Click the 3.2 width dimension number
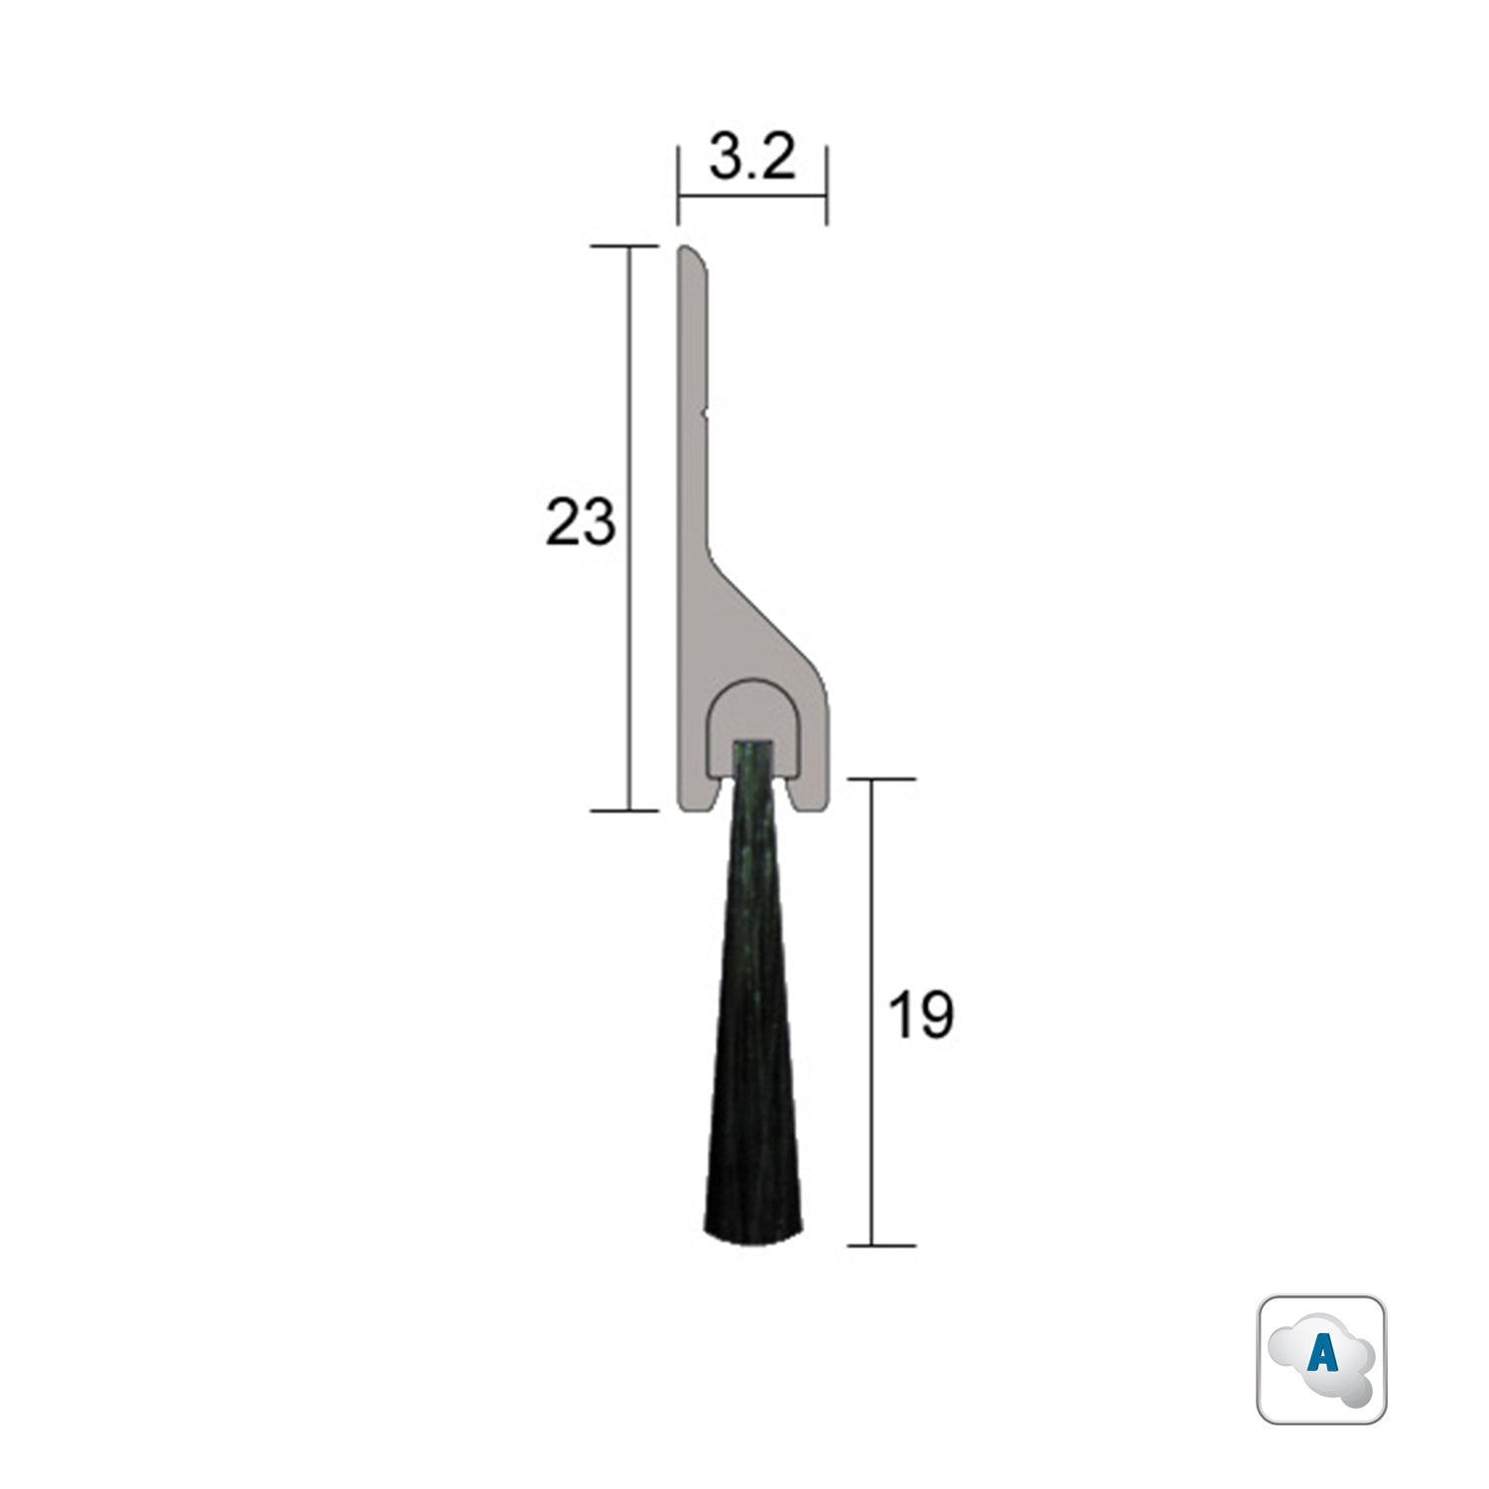752,159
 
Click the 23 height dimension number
581,523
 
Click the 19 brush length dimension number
920,1015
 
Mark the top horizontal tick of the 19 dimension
873,779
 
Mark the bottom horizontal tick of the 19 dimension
873,1245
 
